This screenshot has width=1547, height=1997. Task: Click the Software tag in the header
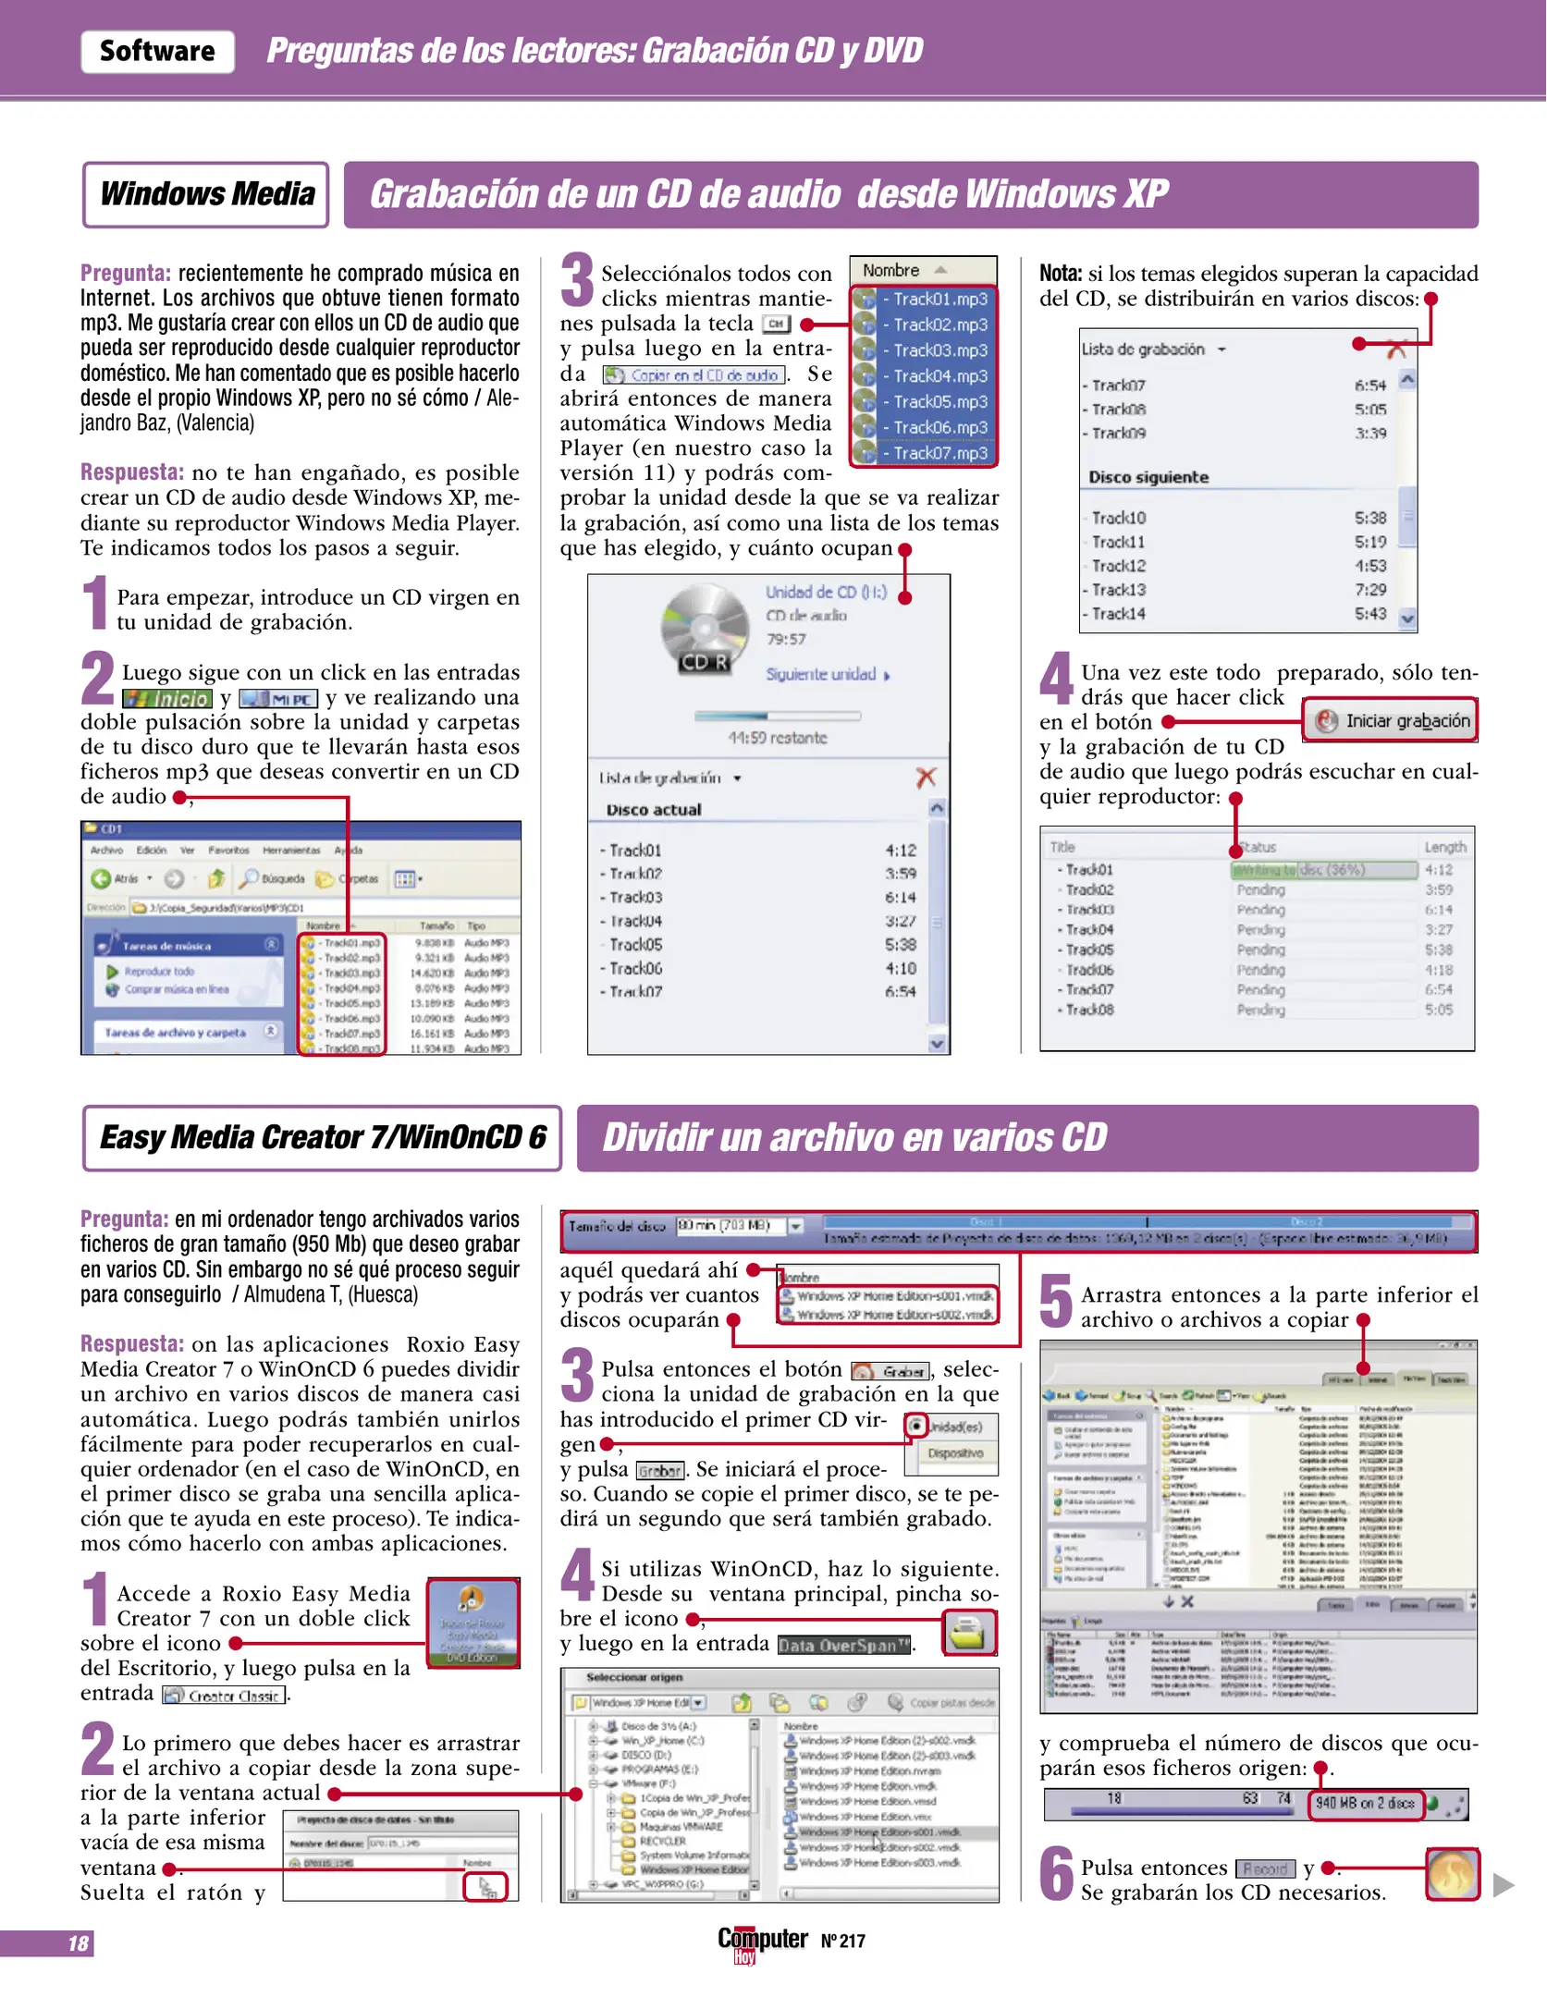[157, 51]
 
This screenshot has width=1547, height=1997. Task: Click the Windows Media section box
[206, 194]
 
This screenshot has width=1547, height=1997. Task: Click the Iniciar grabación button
[1391, 721]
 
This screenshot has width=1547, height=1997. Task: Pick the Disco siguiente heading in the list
[1148, 477]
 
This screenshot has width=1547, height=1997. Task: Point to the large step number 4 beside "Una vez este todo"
[1055, 680]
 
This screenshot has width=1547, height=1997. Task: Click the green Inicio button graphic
[167, 699]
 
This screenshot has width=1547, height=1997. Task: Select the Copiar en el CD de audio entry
[694, 375]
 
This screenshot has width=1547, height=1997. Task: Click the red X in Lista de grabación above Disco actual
[926, 778]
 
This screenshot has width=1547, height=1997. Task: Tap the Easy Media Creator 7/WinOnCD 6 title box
[322, 1137]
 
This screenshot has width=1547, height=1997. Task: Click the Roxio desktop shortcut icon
[473, 1622]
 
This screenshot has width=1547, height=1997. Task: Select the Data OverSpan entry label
[843, 1645]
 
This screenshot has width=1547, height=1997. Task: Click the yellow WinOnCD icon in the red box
[968, 1633]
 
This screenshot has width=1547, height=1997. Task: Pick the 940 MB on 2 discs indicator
[1365, 1803]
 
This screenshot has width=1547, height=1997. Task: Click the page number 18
[79, 1943]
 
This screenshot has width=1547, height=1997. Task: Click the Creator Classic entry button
[225, 1696]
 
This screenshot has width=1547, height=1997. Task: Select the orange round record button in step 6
[1452, 1874]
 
